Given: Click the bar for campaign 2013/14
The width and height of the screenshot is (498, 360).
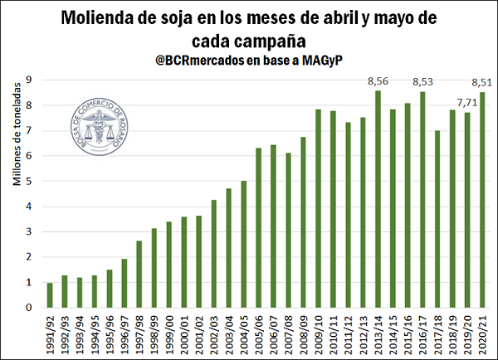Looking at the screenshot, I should click(378, 199).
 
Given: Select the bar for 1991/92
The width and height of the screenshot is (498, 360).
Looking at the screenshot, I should click(50, 295).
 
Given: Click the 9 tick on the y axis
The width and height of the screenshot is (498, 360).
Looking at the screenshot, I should click(29, 80).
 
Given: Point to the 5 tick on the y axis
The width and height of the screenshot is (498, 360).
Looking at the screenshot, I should click(29, 181).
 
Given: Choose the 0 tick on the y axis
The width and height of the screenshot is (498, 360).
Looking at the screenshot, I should click(29, 308).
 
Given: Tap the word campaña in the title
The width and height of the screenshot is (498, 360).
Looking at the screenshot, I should click(282, 40).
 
